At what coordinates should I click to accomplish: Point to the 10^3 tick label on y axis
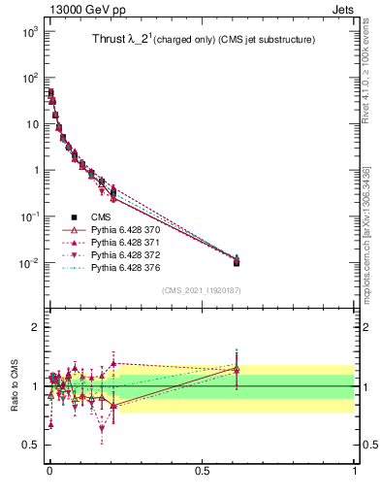27,32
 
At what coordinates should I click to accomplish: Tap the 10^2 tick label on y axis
27,78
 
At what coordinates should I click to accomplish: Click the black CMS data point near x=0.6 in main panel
236,262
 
